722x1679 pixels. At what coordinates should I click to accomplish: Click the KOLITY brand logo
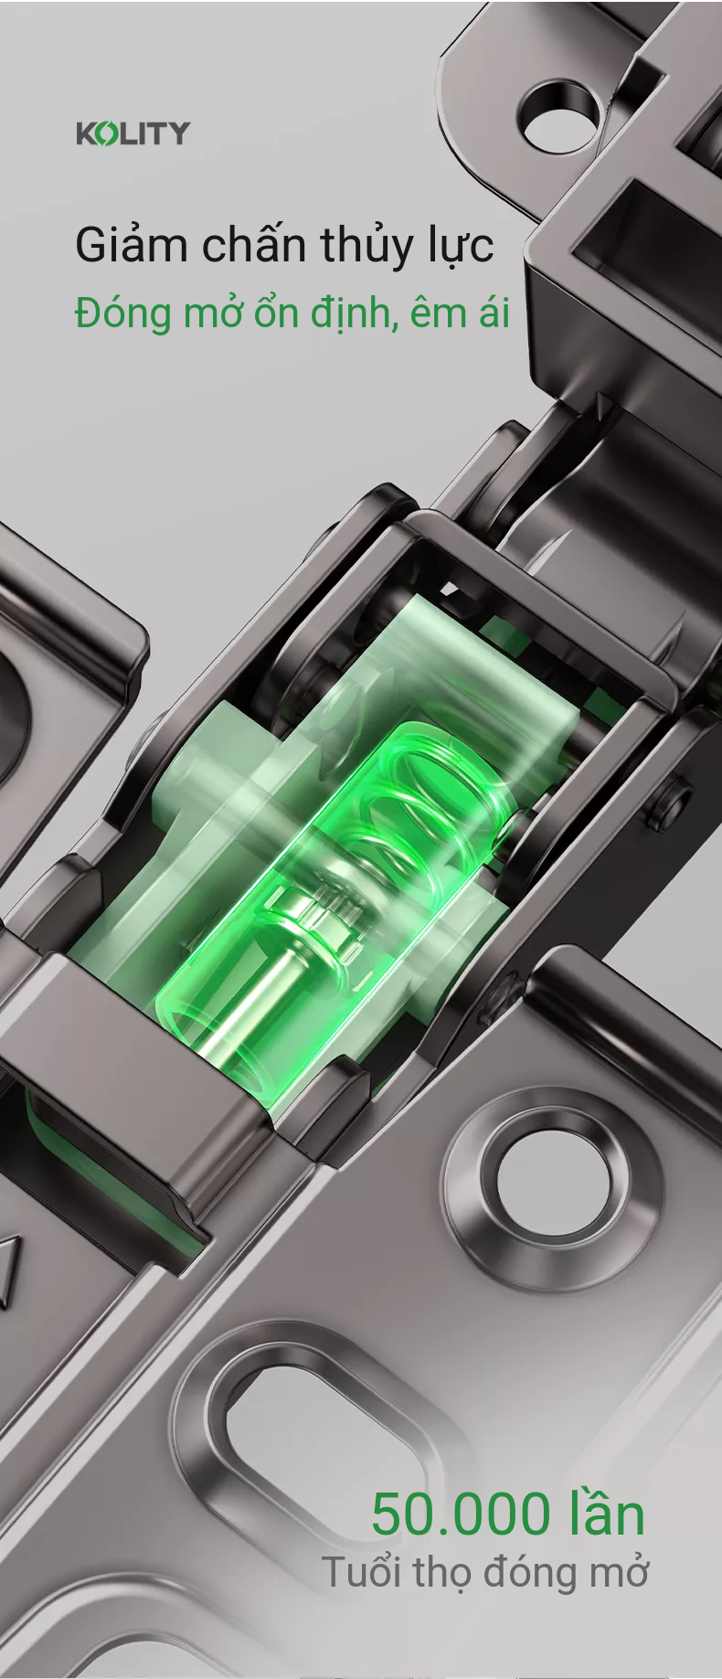[133, 133]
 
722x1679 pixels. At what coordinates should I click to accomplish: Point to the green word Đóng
[123, 313]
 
